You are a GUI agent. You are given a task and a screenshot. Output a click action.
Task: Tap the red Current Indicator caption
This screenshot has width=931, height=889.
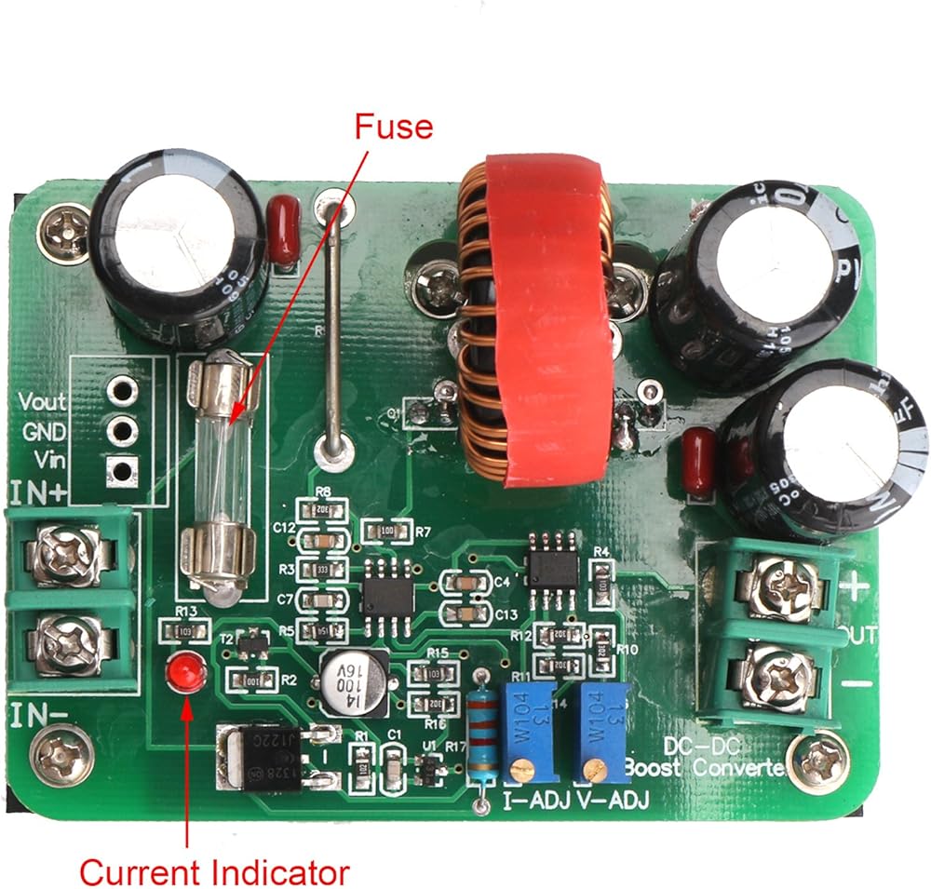[213, 872]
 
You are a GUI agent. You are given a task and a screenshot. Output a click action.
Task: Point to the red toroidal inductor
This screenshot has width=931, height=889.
[535, 317]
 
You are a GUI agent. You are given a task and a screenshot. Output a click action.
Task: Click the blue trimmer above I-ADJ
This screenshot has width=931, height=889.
[528, 732]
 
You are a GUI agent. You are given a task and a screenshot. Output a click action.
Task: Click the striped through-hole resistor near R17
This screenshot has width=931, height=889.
[481, 734]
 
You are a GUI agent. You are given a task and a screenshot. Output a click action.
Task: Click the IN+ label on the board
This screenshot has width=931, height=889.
[38, 492]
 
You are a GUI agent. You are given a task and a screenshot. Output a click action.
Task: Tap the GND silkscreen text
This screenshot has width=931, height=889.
[44, 432]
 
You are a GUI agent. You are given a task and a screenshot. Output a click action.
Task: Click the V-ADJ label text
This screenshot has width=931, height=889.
[612, 800]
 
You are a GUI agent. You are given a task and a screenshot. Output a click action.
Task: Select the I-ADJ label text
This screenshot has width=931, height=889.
[534, 800]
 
